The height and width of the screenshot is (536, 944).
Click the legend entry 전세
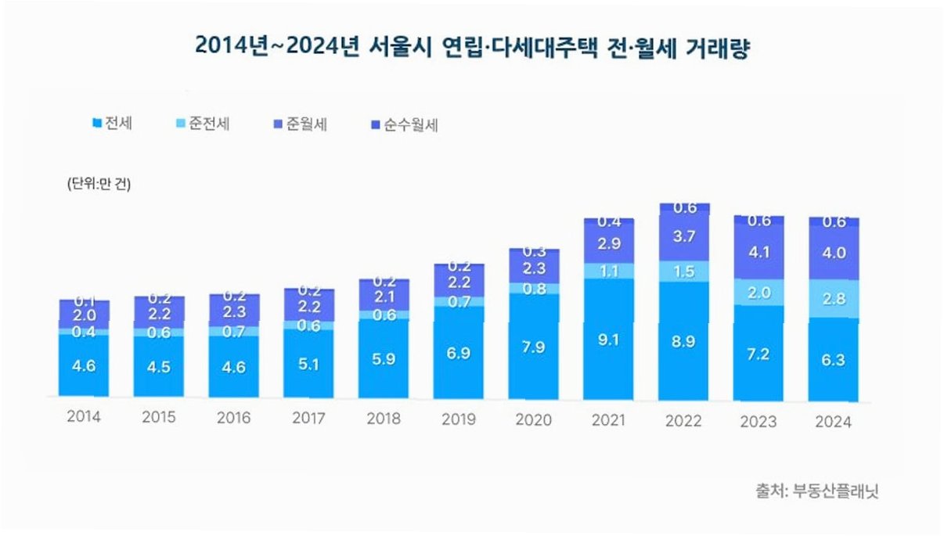(x=113, y=123)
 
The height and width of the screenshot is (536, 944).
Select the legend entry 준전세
(x=203, y=124)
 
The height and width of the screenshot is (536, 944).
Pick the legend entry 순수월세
(x=405, y=124)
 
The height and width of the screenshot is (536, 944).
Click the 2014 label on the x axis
(x=84, y=417)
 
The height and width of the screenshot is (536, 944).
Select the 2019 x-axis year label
(x=459, y=419)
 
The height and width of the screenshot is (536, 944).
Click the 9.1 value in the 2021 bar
(x=609, y=340)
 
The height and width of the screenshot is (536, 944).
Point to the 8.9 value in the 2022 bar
(x=684, y=341)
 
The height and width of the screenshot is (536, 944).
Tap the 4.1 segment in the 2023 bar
(x=759, y=253)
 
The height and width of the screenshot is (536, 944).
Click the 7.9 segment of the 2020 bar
(x=534, y=346)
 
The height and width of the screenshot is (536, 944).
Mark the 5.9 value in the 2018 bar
(x=384, y=362)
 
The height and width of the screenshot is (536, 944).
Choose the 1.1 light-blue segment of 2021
(x=609, y=270)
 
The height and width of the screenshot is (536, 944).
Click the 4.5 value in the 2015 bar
(x=159, y=366)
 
